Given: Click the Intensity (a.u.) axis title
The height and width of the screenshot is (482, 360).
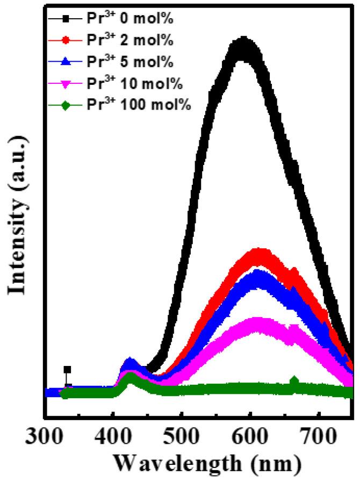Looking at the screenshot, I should [x=18, y=215].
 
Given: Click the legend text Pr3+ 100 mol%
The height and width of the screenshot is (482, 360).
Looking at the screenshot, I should [x=138, y=104].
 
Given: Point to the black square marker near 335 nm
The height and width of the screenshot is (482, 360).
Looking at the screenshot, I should [x=67, y=370].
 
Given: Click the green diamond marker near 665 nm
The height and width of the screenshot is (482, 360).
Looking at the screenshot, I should [x=294, y=382].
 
